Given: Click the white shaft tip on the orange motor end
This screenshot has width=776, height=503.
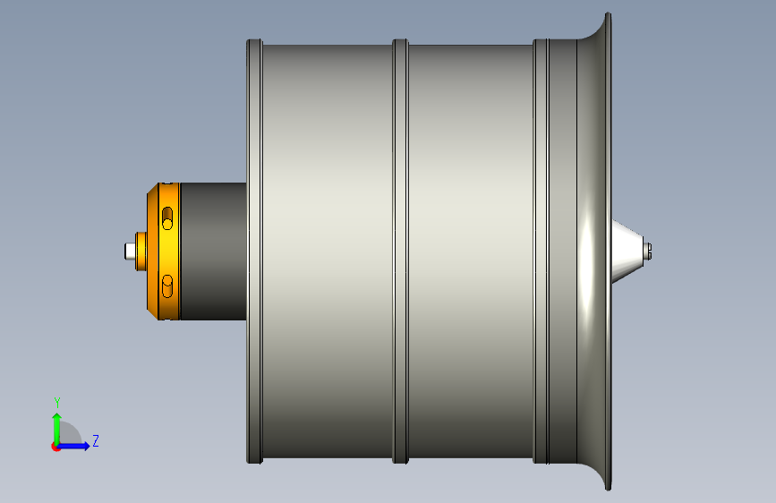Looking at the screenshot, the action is tap(130, 251).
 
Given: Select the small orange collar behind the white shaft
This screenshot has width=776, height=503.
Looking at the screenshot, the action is tap(141, 251).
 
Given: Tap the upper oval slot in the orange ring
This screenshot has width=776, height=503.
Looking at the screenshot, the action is tap(167, 218).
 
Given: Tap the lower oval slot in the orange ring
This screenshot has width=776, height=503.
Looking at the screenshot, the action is tap(167, 286).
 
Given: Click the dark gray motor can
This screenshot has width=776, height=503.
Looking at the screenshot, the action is tap(213, 251).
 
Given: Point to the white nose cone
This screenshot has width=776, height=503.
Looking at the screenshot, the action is tap(627, 251).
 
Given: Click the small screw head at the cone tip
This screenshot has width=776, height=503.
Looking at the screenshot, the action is tap(648, 251).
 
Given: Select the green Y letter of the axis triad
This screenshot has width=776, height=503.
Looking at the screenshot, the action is tap(57, 403).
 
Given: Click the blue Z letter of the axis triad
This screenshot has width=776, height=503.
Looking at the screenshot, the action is tap(96, 440).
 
